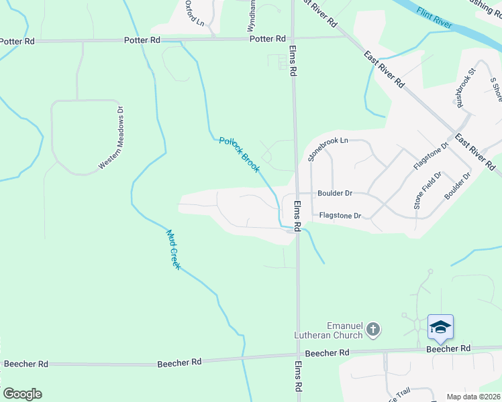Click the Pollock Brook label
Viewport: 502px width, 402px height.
[x=239, y=155]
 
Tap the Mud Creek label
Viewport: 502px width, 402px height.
[x=174, y=250]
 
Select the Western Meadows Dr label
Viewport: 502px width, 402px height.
[x=112, y=138]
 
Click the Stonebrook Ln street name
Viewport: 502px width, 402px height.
[x=329, y=149]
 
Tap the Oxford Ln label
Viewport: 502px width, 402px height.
[x=195, y=13]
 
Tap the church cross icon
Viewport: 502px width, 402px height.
[x=374, y=329]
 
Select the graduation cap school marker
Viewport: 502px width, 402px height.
[x=440, y=327]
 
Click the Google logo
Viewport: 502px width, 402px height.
[x=22, y=394]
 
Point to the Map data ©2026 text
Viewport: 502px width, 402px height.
[x=473, y=397]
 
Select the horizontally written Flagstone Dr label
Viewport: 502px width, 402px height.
[x=340, y=216]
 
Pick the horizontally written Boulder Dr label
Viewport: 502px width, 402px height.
[x=334, y=193]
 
